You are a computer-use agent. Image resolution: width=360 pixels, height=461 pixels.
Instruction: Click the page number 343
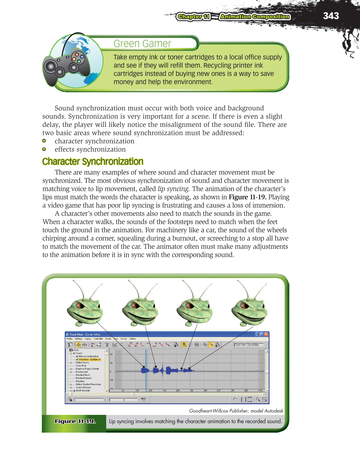click(331, 16)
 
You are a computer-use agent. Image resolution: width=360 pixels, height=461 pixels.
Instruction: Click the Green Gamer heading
click(142, 44)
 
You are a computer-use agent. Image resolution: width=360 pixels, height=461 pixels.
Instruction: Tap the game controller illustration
click(67, 65)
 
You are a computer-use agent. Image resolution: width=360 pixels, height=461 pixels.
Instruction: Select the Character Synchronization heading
click(93, 161)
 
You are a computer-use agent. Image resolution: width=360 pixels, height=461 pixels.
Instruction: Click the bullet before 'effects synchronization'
click(44, 149)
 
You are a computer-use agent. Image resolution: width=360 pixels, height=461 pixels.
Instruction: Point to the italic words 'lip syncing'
click(173, 189)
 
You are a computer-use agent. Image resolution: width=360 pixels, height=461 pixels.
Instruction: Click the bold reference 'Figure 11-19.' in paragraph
click(247, 197)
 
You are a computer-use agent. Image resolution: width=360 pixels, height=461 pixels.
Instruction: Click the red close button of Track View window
click(266, 334)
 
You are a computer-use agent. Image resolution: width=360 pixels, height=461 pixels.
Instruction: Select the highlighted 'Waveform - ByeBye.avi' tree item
click(89, 359)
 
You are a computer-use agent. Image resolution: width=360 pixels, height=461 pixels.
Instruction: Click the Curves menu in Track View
click(124, 339)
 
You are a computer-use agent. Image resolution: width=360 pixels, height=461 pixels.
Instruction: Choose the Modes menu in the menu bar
click(69, 339)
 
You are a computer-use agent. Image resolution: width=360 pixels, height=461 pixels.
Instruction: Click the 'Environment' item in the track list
click(82, 372)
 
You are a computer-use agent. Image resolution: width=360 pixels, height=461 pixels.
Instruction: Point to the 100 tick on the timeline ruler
click(260, 391)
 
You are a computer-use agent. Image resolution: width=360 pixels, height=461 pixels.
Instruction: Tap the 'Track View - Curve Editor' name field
click(249, 345)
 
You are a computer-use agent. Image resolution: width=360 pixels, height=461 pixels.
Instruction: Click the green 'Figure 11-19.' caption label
click(75, 421)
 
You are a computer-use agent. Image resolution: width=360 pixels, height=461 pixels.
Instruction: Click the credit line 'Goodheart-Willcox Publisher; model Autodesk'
click(236, 411)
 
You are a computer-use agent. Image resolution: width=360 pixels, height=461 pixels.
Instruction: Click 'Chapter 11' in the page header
click(193, 17)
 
